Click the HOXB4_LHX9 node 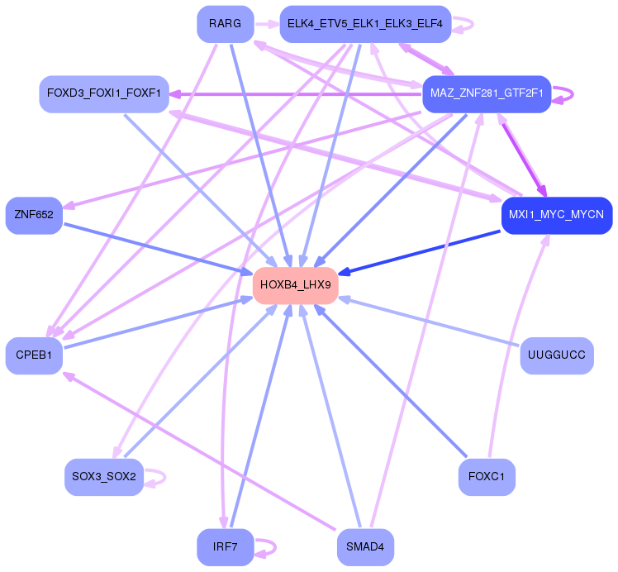coord(295,285)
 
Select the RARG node coord(225,24)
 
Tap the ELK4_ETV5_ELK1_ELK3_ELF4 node coord(364,24)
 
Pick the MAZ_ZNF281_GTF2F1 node coord(487,93)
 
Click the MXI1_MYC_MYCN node coord(556,215)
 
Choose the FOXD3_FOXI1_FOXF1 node coord(104,93)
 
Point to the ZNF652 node coord(34,215)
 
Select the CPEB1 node coord(34,355)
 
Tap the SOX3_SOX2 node coord(104,477)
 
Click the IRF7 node coord(225,547)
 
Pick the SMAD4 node coord(364,547)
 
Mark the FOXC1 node coord(487,477)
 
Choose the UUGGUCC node coord(556,355)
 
